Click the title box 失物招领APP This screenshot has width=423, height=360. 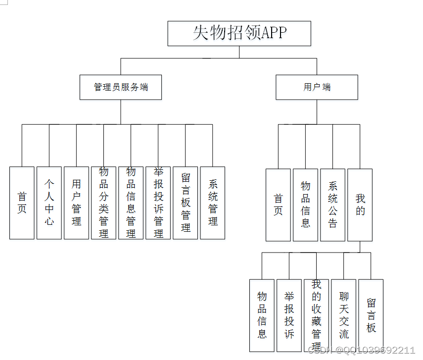click(x=239, y=33)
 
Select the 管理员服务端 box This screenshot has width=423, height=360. click(x=121, y=87)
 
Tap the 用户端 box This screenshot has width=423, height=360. click(x=317, y=87)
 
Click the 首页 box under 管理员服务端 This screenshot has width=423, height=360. click(x=22, y=203)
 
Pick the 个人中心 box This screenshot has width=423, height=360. click(x=49, y=203)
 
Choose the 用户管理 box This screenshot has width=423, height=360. click(x=76, y=203)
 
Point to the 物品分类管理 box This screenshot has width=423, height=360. click(x=103, y=203)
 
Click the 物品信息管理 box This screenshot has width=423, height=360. click(x=131, y=203)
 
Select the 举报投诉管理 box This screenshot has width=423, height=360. click(x=158, y=203)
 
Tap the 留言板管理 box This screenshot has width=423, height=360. click(x=186, y=203)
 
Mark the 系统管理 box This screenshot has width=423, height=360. click(x=213, y=203)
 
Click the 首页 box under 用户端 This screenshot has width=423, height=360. click(x=278, y=205)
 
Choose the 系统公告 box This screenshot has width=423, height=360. click(x=332, y=205)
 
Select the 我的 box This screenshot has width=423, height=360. click(x=360, y=205)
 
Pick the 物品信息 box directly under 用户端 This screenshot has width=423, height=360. click(x=305, y=205)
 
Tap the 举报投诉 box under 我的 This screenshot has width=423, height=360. click(x=289, y=315)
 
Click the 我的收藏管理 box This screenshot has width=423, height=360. click(x=316, y=315)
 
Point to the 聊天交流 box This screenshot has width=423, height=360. click(x=344, y=315)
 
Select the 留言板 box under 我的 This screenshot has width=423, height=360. click(x=371, y=315)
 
